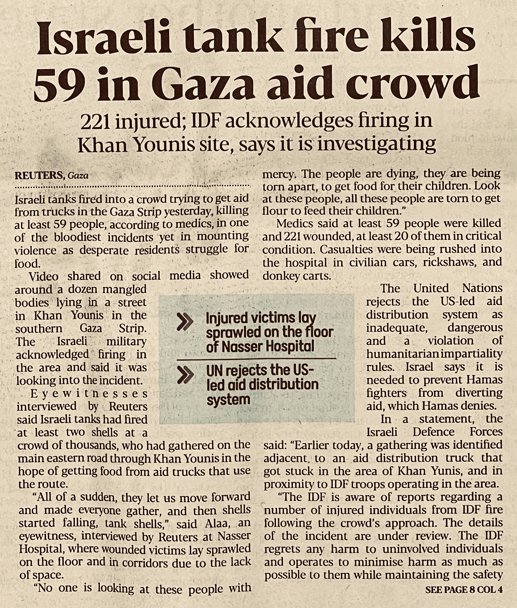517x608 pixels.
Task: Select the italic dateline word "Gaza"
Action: point(78,176)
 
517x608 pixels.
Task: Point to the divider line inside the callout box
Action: point(256,358)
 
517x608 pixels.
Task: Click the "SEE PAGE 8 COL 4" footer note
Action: point(464,590)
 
